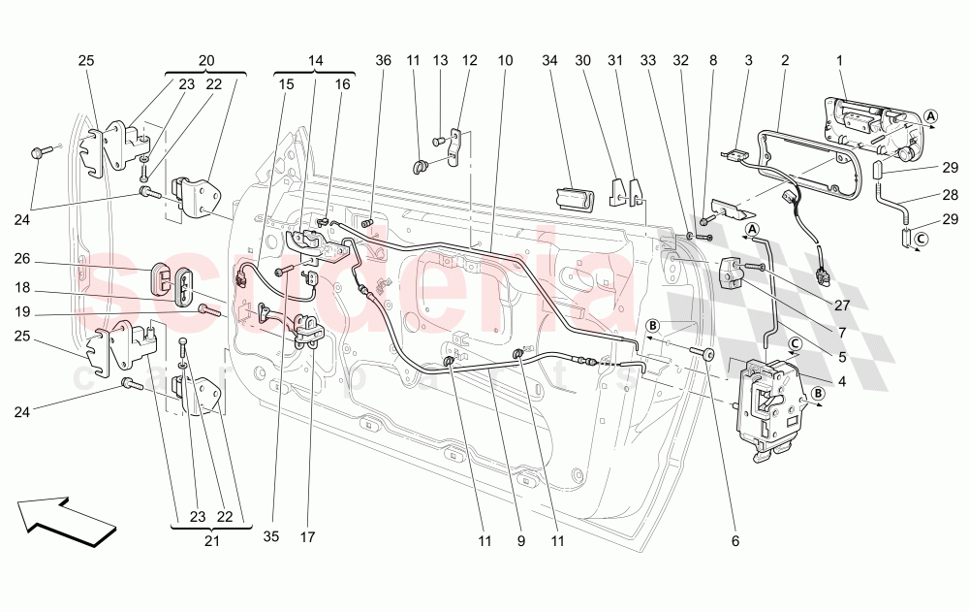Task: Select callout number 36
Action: tap(384, 61)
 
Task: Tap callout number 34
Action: tap(550, 61)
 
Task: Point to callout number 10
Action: tap(506, 61)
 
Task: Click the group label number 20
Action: tap(205, 60)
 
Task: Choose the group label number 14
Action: tap(315, 60)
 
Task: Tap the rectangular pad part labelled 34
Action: tap(575, 199)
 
